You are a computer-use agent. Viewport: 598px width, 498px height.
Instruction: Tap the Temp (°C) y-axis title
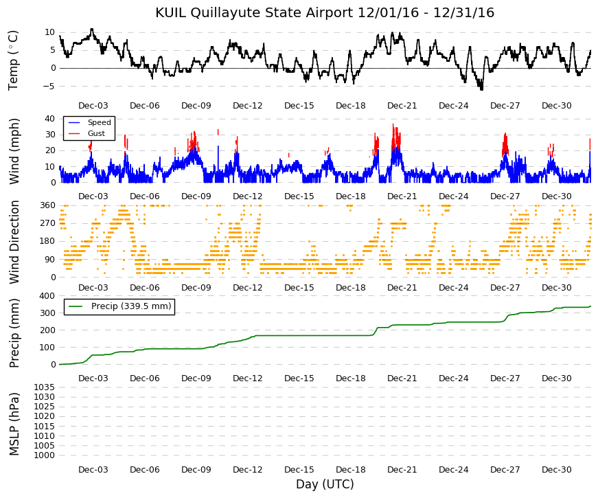click(x=13, y=60)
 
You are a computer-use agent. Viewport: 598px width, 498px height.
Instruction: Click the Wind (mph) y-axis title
click(x=14, y=152)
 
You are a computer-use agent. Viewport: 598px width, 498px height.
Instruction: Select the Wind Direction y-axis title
click(x=14, y=242)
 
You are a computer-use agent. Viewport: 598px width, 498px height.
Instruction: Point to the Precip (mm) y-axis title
click(x=14, y=333)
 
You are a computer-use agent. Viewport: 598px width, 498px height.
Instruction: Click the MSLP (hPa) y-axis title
click(x=14, y=424)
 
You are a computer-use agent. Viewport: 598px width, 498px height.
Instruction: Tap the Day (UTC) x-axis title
click(x=325, y=484)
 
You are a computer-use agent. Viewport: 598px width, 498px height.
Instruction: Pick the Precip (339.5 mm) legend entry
click(x=119, y=306)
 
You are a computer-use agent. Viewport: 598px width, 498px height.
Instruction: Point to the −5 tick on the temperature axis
click(x=49, y=87)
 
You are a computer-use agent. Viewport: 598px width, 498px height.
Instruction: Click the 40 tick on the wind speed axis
click(x=50, y=118)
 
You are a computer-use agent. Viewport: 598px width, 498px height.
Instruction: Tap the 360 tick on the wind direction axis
click(x=47, y=205)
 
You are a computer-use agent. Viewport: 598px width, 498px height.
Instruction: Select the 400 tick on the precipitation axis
click(x=47, y=296)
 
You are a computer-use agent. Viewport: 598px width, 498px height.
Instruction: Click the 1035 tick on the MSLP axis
click(x=45, y=387)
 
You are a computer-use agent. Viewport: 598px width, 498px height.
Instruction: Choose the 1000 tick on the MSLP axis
click(x=45, y=455)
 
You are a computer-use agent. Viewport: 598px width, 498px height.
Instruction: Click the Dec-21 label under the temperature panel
click(x=402, y=106)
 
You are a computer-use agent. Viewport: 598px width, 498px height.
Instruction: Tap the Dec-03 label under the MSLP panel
click(x=93, y=470)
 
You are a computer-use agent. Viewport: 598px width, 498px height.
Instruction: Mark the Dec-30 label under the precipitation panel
click(x=556, y=378)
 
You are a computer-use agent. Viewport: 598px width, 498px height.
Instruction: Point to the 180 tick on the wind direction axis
click(x=47, y=241)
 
